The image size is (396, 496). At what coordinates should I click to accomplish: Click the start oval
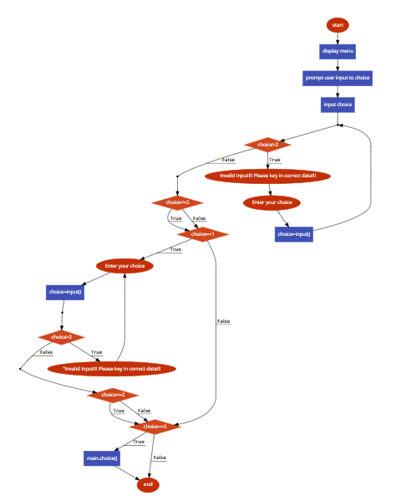click(x=338, y=25)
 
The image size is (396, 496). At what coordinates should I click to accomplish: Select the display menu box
click(x=338, y=51)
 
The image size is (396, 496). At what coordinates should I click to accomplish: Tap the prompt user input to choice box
click(x=338, y=78)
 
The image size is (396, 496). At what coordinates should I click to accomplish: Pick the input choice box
click(x=338, y=105)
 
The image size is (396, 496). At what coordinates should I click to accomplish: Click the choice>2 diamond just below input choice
click(x=267, y=146)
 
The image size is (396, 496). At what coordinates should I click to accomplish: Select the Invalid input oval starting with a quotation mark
click(x=111, y=369)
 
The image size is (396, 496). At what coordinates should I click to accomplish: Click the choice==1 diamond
click(x=202, y=234)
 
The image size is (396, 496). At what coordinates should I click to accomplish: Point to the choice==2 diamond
click(x=155, y=426)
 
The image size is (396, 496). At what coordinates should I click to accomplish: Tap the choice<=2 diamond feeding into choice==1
click(x=177, y=202)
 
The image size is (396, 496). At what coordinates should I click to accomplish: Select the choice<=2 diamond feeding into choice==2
click(x=113, y=394)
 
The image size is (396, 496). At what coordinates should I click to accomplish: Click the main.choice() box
click(x=102, y=458)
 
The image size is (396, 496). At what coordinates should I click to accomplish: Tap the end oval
click(x=148, y=484)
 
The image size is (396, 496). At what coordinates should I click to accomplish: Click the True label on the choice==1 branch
click(x=175, y=249)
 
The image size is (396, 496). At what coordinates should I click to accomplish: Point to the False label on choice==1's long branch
click(x=223, y=321)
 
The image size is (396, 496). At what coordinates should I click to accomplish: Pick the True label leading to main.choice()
click(x=139, y=441)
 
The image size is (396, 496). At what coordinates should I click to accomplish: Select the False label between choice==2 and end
click(x=160, y=458)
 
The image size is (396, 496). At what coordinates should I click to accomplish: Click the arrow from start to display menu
click(x=338, y=38)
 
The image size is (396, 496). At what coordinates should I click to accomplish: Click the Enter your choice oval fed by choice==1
click(x=124, y=266)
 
